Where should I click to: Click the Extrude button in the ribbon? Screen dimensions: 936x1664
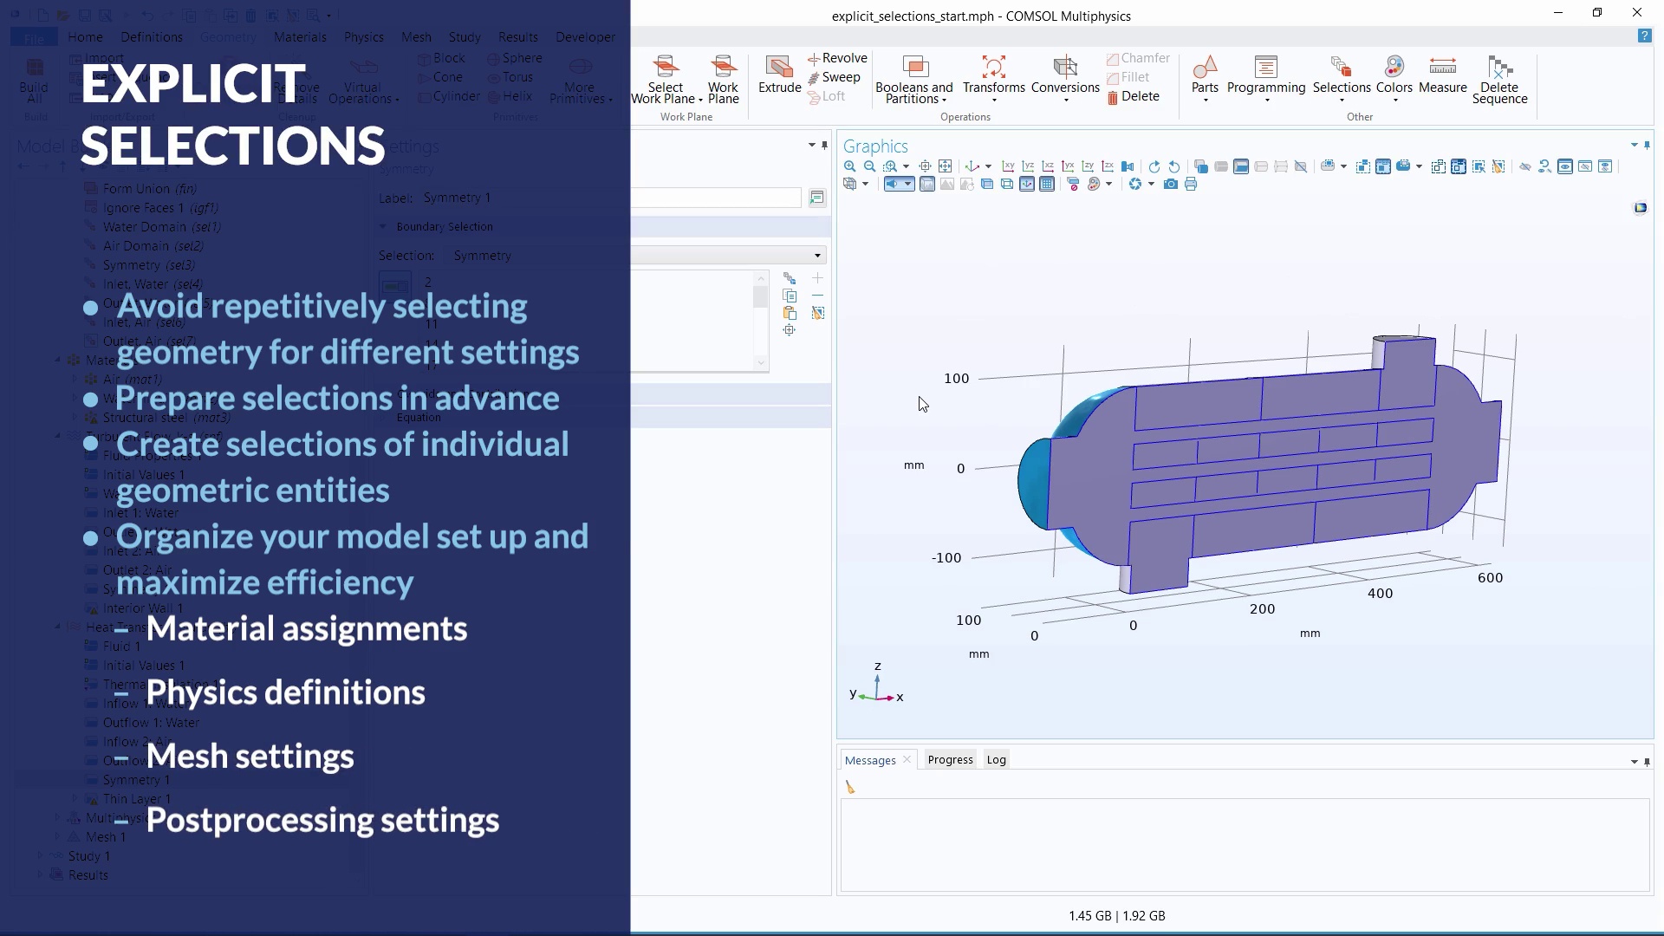[x=779, y=75]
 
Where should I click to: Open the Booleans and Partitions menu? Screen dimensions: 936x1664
[x=913, y=79]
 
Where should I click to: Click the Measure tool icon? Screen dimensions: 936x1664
[x=1442, y=68]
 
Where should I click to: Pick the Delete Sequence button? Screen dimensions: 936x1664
[x=1499, y=79]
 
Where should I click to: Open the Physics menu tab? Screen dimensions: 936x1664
[x=363, y=37]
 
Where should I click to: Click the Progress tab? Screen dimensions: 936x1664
[x=950, y=760]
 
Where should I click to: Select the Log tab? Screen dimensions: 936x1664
[x=996, y=760]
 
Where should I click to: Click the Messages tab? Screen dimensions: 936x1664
[x=870, y=760]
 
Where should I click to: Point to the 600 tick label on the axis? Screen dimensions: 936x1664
[x=1490, y=578]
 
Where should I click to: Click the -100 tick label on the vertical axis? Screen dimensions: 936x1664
[x=946, y=558]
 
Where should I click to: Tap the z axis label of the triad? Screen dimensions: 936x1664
[x=878, y=666]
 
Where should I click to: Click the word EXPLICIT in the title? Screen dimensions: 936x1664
[x=192, y=84]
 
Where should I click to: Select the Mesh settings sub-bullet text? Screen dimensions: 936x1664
[x=250, y=757]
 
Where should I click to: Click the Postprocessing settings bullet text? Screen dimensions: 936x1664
[x=322, y=821]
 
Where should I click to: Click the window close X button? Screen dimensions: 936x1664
[x=1636, y=13]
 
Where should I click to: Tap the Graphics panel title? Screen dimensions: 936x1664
[x=875, y=146]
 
